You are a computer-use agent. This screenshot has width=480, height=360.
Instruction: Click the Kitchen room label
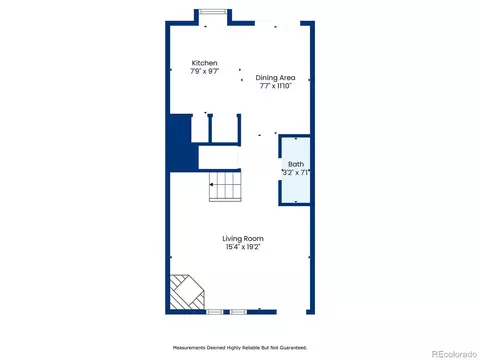(204, 63)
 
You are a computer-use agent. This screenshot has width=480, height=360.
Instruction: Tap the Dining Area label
(275, 78)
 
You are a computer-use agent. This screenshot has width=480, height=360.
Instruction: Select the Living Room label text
(243, 239)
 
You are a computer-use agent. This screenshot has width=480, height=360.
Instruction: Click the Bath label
(296, 164)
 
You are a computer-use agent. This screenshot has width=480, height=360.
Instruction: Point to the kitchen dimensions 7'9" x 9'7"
(205, 71)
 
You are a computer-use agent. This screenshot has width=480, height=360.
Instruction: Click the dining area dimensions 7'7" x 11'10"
(276, 86)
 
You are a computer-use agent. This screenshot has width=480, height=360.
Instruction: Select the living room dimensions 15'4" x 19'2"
(243, 247)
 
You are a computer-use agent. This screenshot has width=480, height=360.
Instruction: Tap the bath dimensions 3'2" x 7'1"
(296, 173)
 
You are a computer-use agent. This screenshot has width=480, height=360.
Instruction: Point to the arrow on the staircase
(211, 184)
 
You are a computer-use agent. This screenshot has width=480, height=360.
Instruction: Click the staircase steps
(225, 186)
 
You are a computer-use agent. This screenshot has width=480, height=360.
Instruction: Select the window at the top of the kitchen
(213, 12)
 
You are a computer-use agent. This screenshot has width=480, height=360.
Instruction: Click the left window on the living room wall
(214, 312)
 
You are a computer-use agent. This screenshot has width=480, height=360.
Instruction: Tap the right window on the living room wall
(238, 312)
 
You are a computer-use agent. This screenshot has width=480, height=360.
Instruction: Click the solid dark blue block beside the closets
(180, 143)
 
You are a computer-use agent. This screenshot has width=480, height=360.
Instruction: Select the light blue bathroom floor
(296, 170)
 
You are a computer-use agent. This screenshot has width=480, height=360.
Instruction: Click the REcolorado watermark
(454, 354)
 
